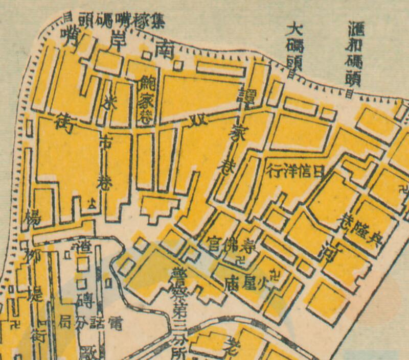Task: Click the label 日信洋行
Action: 296,171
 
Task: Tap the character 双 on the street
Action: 195,121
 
